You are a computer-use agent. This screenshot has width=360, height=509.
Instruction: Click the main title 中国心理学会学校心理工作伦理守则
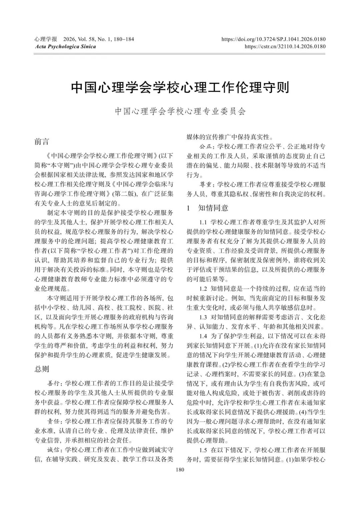point(180,88)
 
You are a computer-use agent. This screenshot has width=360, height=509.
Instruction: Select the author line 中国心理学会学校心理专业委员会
point(180,111)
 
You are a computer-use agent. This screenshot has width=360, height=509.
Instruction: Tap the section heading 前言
point(42,142)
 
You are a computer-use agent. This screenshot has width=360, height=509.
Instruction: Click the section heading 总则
point(42,369)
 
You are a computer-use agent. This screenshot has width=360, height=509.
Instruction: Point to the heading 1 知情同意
point(207,208)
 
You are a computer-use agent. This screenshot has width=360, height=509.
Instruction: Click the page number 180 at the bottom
point(180,470)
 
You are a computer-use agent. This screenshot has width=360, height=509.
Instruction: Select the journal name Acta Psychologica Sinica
point(65,47)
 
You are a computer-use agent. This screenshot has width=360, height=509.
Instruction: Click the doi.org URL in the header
point(273,39)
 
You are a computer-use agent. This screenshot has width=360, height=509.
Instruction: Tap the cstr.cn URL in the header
point(285,47)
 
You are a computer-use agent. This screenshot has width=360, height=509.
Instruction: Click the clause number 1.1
point(203,222)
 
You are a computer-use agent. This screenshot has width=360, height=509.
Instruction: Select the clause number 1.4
point(203,336)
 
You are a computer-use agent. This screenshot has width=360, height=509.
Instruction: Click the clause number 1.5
point(203,450)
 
